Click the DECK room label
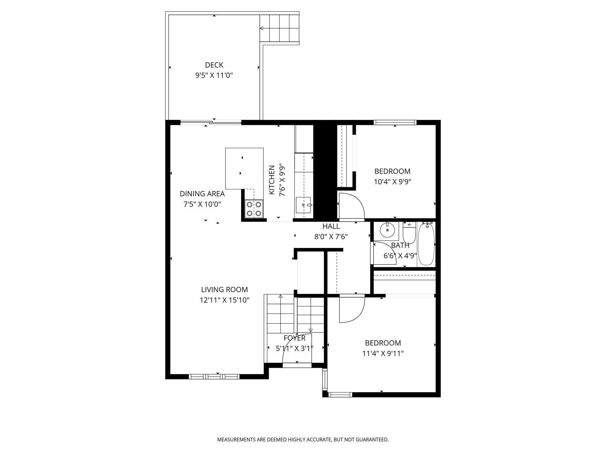click(x=214, y=65)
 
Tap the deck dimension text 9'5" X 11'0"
click(x=214, y=75)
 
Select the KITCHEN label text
click(x=272, y=180)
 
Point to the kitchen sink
click(x=303, y=205)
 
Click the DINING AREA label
click(x=202, y=194)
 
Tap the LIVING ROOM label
click(x=224, y=289)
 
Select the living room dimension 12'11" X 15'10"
click(x=224, y=300)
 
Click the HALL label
click(x=331, y=226)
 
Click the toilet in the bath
click(x=409, y=233)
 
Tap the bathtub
click(x=426, y=244)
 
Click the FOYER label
click(x=294, y=338)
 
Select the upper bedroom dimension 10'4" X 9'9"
click(x=392, y=182)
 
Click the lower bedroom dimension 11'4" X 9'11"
click(x=383, y=353)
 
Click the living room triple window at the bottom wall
click(x=214, y=377)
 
